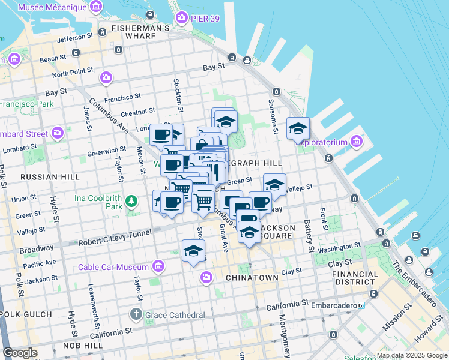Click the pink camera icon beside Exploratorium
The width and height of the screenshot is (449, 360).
(x=357, y=142)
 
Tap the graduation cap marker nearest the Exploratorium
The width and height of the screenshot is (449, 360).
(x=298, y=128)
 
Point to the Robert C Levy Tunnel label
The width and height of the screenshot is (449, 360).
(x=115, y=242)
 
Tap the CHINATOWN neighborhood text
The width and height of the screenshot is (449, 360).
(x=252, y=278)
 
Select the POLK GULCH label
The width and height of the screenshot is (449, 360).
(x=25, y=314)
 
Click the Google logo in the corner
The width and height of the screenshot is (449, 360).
(x=20, y=353)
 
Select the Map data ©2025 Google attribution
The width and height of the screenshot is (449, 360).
(x=412, y=355)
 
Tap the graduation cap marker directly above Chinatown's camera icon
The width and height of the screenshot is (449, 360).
(x=194, y=251)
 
